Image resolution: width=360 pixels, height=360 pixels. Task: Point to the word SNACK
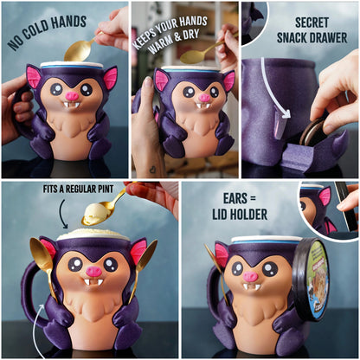[293, 37]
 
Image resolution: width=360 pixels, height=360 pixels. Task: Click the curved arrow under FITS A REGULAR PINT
[63, 209]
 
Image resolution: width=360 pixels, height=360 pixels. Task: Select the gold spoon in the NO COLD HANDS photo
[80, 48]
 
